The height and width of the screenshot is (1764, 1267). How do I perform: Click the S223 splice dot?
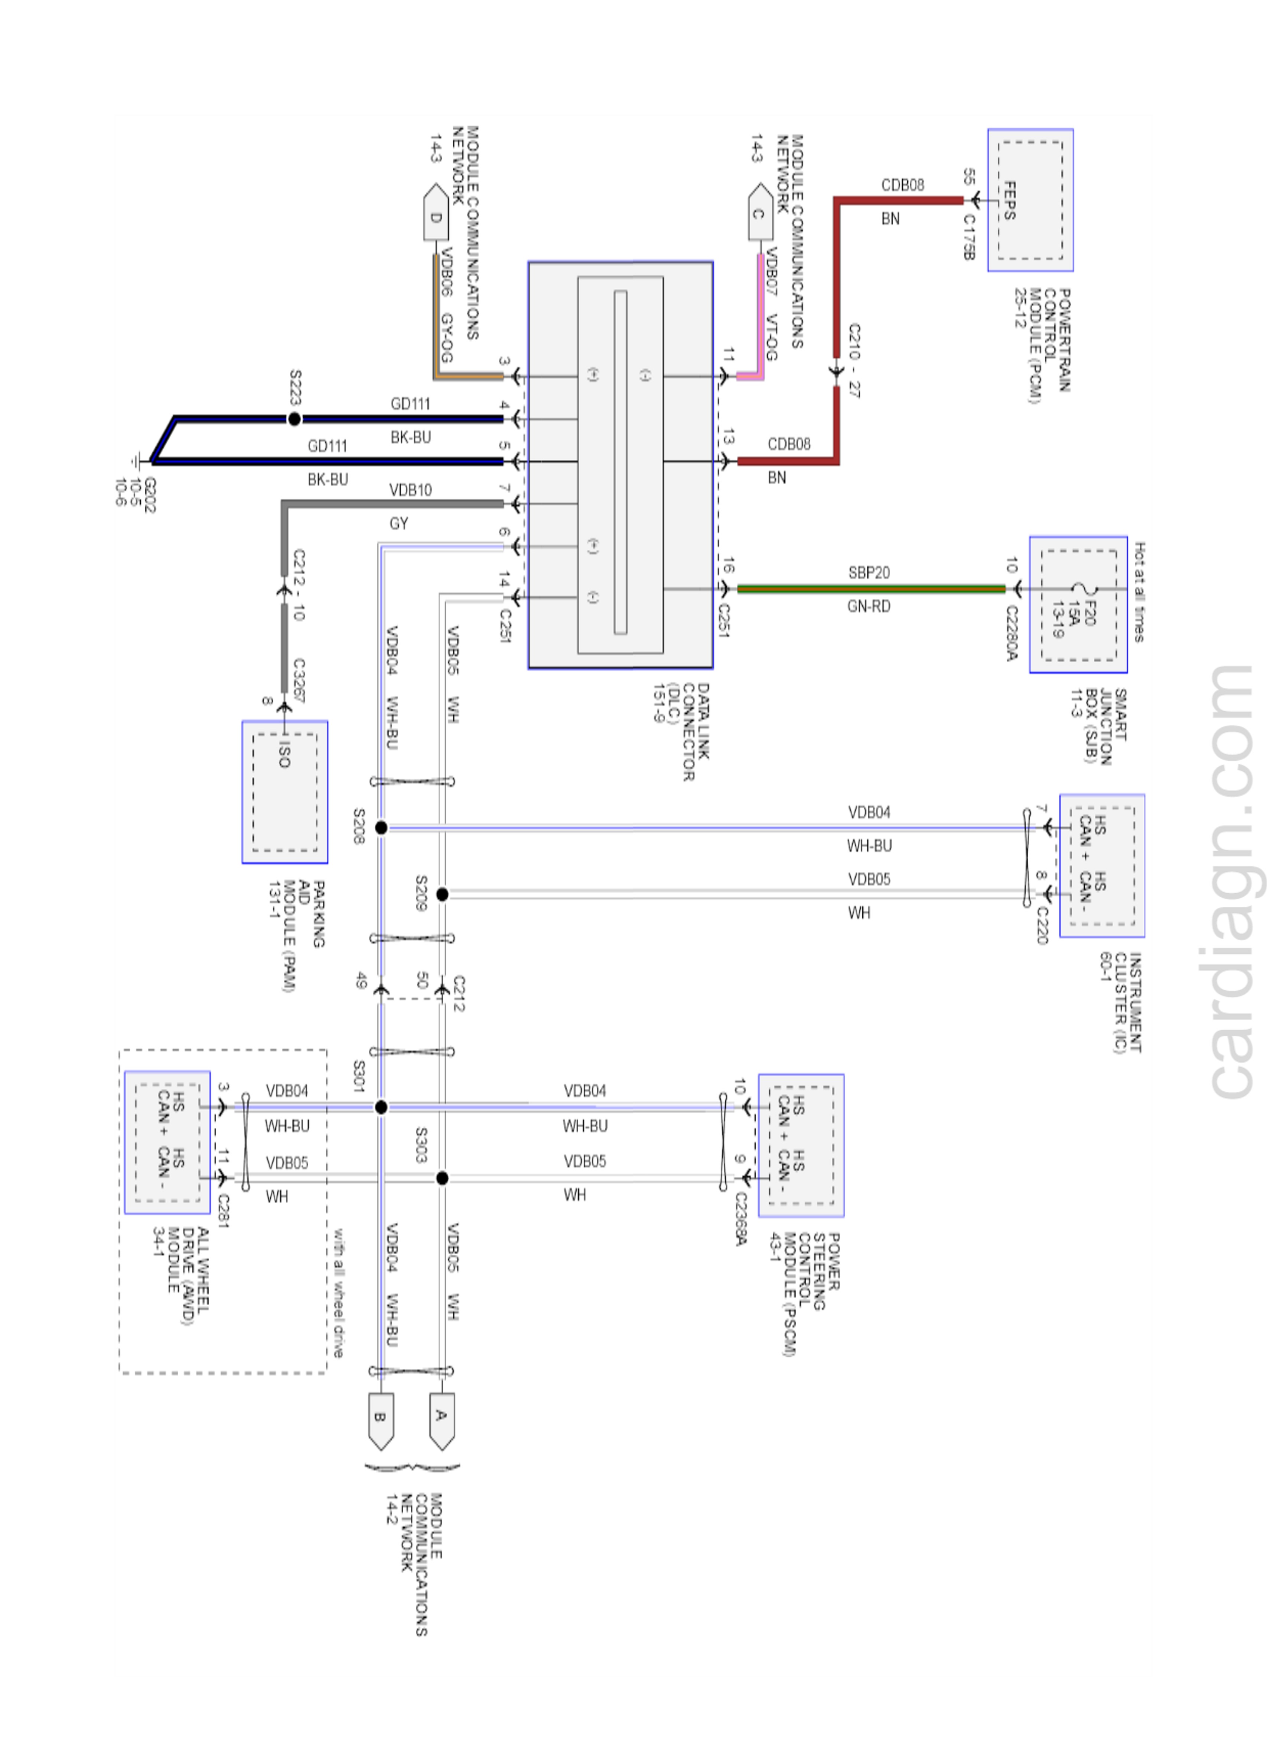pyautogui.click(x=294, y=419)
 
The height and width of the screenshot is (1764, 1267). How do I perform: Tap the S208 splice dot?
pyautogui.click(x=381, y=828)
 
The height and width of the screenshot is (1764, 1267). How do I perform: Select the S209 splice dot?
pyautogui.click(x=442, y=894)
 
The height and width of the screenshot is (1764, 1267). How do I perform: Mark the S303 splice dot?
pyautogui.click(x=442, y=1178)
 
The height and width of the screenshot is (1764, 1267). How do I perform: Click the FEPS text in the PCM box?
pyautogui.click(x=1009, y=201)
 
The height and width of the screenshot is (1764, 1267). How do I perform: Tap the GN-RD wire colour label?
pyautogui.click(x=869, y=606)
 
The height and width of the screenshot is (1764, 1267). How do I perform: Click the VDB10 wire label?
pyautogui.click(x=410, y=490)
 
